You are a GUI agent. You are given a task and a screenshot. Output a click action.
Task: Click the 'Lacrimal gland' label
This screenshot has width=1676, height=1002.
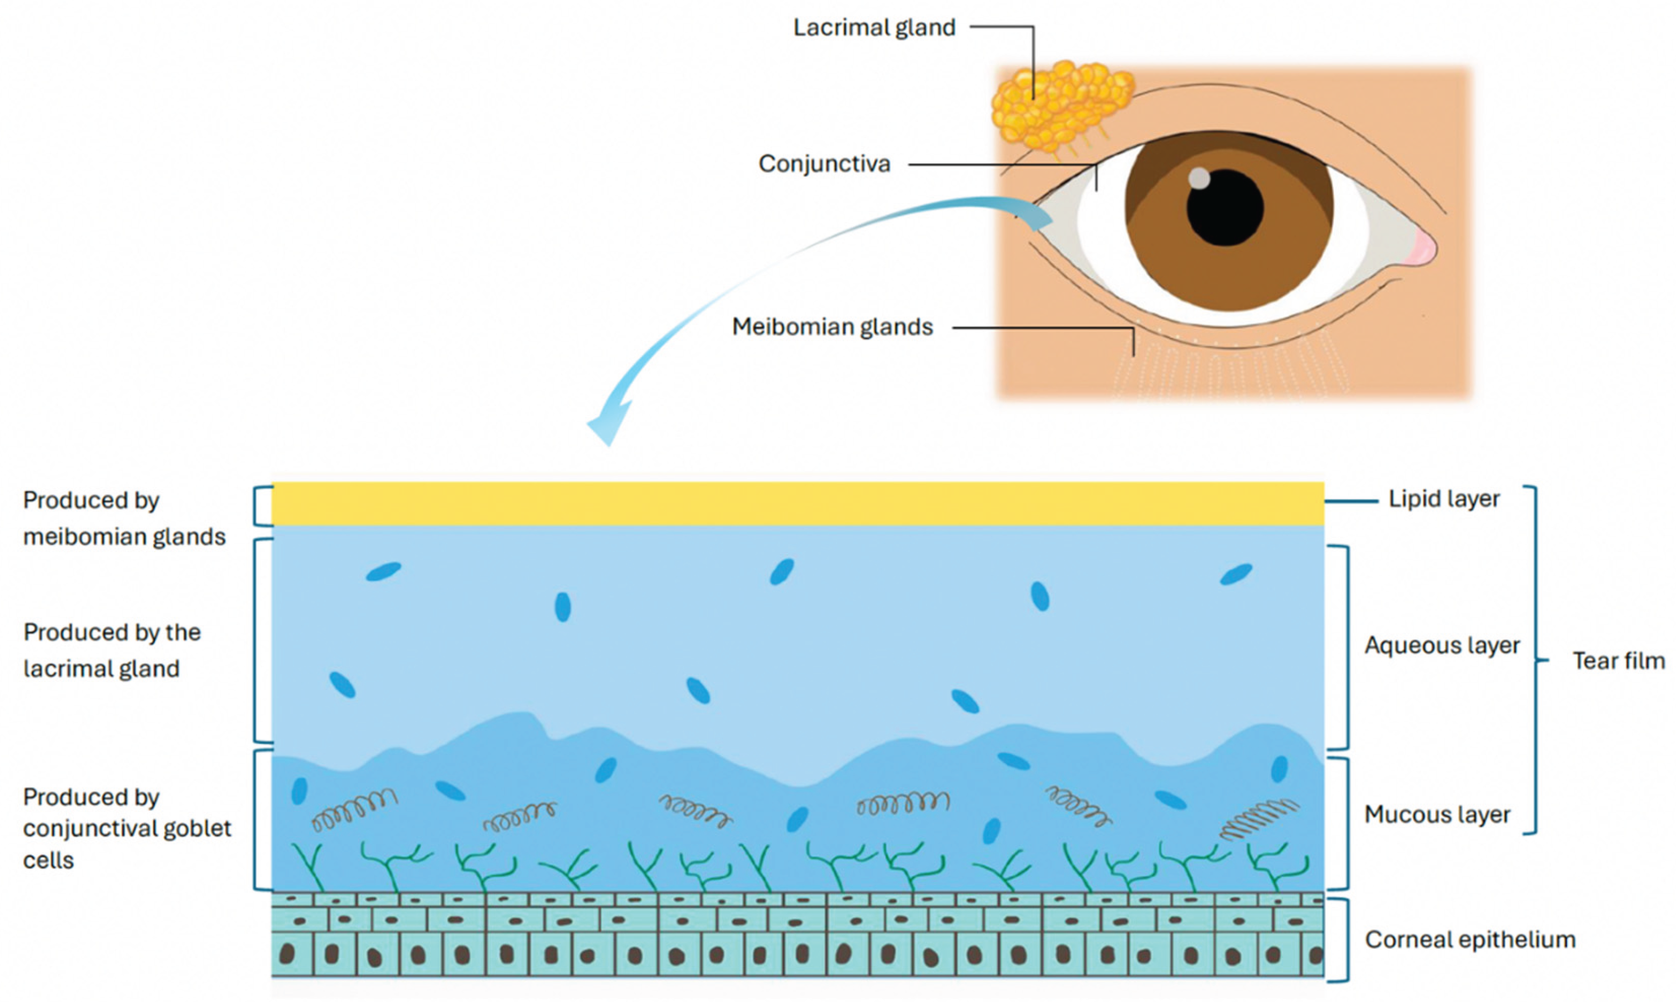click(874, 27)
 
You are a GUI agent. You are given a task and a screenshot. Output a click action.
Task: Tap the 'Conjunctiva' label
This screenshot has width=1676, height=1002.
click(824, 164)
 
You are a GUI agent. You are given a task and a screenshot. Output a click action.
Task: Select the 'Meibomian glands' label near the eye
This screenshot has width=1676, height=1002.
click(832, 328)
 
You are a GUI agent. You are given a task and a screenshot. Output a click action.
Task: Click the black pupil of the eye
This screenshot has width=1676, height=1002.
click(1224, 208)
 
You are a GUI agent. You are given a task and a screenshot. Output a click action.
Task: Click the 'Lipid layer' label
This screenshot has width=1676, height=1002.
click(1444, 500)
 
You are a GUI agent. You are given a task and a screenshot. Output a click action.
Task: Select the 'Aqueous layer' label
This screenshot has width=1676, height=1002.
click(1442, 646)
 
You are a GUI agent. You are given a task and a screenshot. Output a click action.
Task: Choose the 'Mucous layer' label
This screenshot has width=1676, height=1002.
click(1437, 815)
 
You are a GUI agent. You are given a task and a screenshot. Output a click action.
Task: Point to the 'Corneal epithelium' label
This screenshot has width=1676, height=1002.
click(1470, 940)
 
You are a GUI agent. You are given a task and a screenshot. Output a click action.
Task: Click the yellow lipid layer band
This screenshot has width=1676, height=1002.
click(797, 504)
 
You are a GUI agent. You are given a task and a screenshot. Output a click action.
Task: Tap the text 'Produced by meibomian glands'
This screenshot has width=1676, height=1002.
click(124, 519)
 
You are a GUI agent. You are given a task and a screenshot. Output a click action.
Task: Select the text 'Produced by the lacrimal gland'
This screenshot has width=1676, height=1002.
click(112, 650)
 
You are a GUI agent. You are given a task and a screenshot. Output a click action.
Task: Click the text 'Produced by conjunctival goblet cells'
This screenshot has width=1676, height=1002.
click(127, 828)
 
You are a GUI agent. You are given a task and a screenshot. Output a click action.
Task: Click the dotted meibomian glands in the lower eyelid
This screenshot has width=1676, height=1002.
click(1229, 368)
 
